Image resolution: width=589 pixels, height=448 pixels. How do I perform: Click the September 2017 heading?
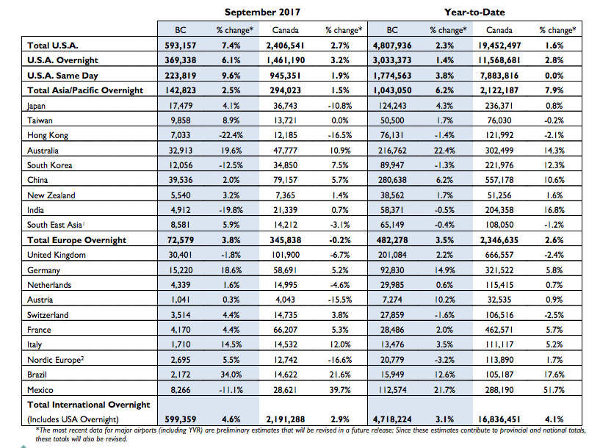point(262,12)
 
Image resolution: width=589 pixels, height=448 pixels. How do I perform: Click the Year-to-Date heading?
point(474,12)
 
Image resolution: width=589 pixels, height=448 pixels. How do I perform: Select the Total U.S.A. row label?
point(53,46)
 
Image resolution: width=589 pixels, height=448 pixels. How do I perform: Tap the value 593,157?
point(181,46)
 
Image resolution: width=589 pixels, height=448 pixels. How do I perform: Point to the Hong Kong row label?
point(47,135)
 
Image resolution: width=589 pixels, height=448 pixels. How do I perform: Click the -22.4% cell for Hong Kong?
point(231,135)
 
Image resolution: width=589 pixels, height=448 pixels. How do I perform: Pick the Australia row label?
point(43,151)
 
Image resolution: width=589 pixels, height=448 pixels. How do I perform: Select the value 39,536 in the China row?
point(181,180)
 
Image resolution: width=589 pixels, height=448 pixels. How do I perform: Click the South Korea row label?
point(49,165)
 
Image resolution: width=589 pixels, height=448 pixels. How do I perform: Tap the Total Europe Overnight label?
point(76,240)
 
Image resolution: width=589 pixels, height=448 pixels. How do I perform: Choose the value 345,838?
point(285,240)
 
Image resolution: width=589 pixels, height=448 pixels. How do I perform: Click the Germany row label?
point(43,270)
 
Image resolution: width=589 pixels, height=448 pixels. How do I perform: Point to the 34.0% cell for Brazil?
point(231,375)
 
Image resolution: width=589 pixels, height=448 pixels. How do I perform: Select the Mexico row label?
point(40,390)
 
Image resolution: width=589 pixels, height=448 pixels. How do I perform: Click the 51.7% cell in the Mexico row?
point(554,390)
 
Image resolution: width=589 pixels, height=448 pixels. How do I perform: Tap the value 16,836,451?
point(499,419)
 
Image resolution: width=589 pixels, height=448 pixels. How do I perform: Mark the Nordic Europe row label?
point(55,360)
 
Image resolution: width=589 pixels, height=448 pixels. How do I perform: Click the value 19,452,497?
point(499,46)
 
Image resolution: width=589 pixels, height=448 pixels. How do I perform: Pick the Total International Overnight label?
point(88,405)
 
